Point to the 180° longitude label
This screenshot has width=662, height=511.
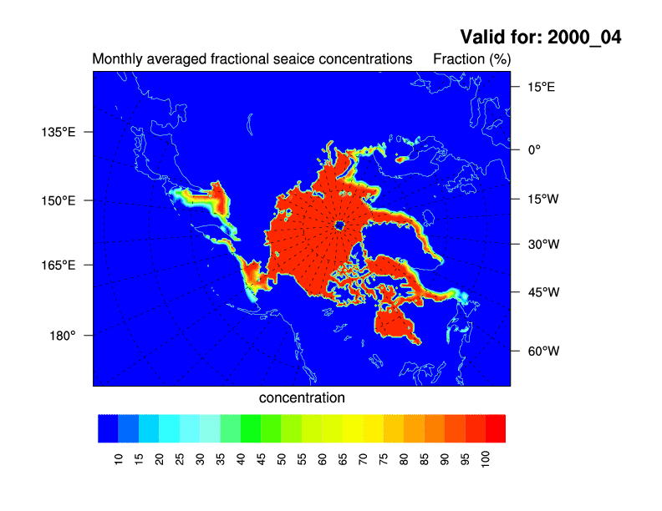point(64,335)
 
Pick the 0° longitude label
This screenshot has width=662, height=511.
point(533,149)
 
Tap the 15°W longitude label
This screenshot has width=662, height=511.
point(541,199)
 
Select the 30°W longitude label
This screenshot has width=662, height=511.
point(542,245)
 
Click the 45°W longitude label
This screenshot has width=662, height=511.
point(542,292)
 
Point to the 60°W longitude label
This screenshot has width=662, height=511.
point(542,351)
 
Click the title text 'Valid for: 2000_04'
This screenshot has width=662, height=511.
point(541,38)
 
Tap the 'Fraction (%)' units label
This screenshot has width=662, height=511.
point(471,59)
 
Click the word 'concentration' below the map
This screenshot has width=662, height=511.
point(302,397)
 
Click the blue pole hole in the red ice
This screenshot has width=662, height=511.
point(339,225)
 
